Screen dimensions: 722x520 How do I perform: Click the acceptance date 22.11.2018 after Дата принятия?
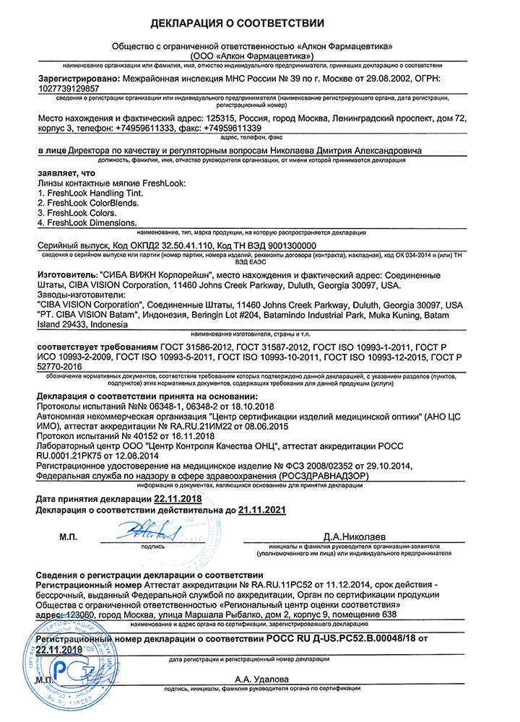tap(179, 500)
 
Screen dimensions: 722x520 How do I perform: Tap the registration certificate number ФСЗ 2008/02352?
tap(310, 468)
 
